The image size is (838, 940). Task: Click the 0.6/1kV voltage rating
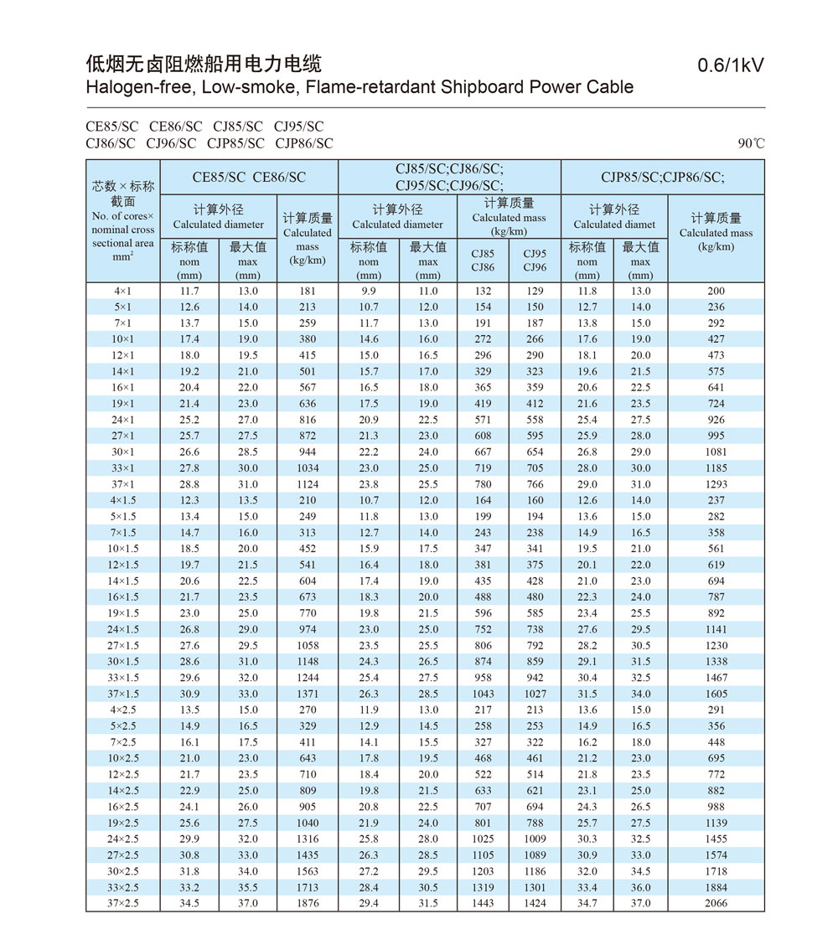[x=731, y=66]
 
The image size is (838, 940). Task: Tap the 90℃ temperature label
[x=751, y=143]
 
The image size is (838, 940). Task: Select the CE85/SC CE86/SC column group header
[x=249, y=177]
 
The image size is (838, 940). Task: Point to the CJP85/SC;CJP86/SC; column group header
[x=662, y=177]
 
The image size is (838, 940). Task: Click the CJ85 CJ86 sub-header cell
[x=483, y=261]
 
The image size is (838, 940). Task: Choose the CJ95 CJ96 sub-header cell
[x=535, y=261]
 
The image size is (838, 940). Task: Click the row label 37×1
[x=122, y=484]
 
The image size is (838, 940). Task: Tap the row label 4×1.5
[x=122, y=500]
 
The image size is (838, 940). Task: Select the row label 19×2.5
[x=122, y=823]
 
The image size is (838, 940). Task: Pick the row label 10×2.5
[x=122, y=758]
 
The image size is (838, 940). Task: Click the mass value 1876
[x=308, y=903]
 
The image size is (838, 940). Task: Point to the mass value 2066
[x=716, y=903]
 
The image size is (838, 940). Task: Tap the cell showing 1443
[x=483, y=903]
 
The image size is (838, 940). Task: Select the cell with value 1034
[x=308, y=468]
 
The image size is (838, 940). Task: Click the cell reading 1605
[x=716, y=694]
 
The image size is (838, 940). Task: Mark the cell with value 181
[x=308, y=291]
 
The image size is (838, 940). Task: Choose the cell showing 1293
[x=716, y=484]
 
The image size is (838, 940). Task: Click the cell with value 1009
[x=535, y=839]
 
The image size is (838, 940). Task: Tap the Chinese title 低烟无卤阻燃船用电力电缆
[x=204, y=64]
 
